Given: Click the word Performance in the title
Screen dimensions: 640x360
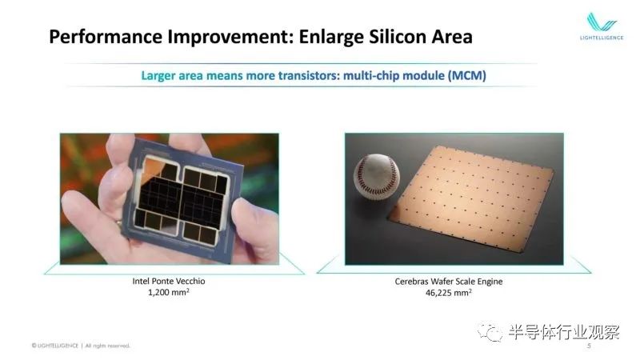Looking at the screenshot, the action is [x=106, y=37].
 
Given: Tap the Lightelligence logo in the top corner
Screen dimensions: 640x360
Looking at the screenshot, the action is [x=602, y=26].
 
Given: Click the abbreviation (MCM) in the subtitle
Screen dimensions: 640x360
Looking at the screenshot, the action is [x=466, y=75].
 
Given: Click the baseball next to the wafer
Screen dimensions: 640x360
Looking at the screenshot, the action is [x=376, y=175].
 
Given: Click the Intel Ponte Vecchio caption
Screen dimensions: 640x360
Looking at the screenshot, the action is [x=169, y=282].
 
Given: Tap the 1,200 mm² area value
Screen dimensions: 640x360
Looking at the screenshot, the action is [x=169, y=292].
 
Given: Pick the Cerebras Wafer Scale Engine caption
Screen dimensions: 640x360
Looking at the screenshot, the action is [x=449, y=282].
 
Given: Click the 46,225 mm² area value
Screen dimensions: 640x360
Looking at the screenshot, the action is [x=449, y=293].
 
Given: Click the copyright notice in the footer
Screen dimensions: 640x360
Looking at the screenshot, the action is [x=81, y=346].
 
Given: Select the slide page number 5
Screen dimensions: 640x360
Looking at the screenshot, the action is [x=589, y=346].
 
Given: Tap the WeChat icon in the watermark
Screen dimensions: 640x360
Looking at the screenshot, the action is [x=490, y=332].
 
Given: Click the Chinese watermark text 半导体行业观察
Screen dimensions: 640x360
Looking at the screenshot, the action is [x=564, y=332].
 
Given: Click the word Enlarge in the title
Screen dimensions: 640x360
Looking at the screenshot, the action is [x=331, y=37].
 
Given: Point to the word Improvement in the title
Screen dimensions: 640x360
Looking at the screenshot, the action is [x=230, y=37].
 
